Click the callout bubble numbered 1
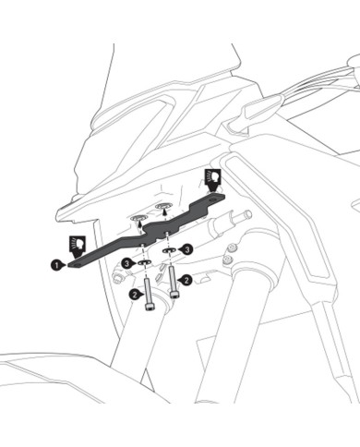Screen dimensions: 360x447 (56, 264)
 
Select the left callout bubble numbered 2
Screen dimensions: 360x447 (135, 295)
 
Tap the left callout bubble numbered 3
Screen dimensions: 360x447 (126, 263)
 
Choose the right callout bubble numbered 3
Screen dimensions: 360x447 (187, 249)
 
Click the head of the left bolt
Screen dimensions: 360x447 (149, 307)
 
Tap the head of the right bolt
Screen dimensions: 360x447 (174, 295)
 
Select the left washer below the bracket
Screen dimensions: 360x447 (144, 262)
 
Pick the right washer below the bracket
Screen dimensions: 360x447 (169, 250)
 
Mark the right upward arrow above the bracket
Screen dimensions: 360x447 (165, 212)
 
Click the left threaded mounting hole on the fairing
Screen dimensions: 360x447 (138, 218)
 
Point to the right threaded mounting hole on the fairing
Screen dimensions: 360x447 (163, 205)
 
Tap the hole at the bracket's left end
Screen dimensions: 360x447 (77, 264)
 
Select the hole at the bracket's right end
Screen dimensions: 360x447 (212, 199)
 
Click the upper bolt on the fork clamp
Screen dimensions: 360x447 (233, 247)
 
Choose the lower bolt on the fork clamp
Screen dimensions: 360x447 (227, 260)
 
